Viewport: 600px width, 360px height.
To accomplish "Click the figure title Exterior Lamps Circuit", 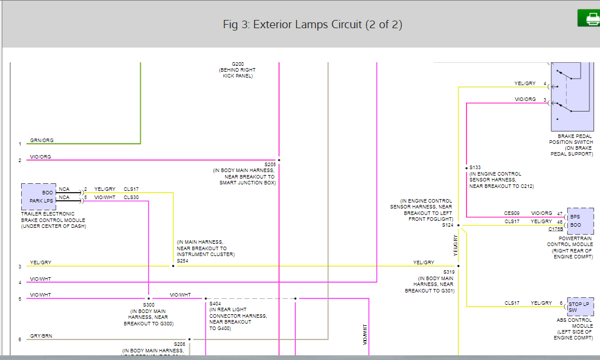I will (312, 25).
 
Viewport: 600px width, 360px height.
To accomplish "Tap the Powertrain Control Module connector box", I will (580, 220).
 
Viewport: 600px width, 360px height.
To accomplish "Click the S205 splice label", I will (270, 164).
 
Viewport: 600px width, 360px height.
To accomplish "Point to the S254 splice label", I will (183, 260).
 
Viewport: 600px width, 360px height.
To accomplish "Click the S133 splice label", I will (475, 167).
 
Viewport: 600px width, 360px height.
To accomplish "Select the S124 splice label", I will (448, 225).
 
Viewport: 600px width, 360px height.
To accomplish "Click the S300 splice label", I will (148, 305).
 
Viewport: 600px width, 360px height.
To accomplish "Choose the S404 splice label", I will (215, 304).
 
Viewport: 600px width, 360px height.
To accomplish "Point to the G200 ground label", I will (237, 63).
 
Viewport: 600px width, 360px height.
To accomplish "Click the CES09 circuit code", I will (512, 213).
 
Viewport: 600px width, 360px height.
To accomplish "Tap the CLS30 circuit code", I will (131, 197).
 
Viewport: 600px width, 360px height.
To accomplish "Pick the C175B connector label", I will (555, 229).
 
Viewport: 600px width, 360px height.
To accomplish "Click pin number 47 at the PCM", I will (559, 213).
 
